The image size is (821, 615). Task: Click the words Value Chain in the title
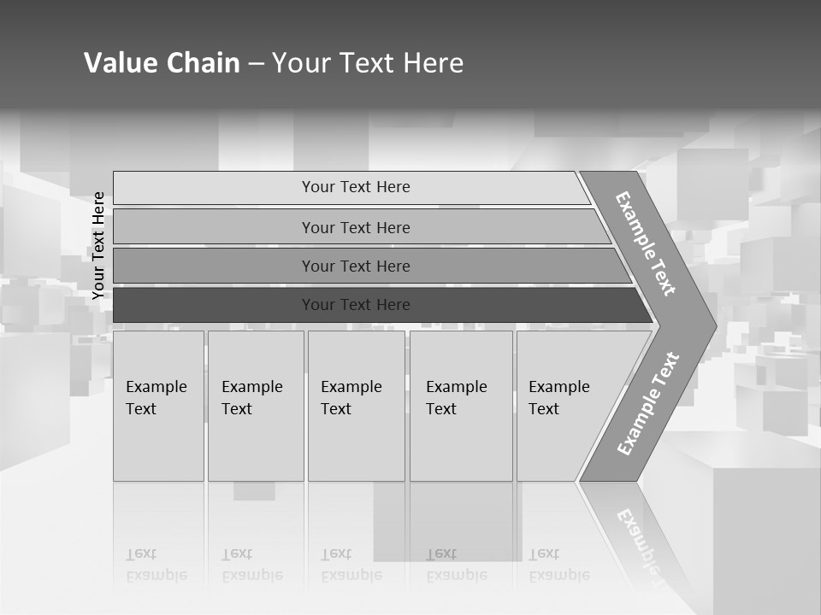(x=162, y=63)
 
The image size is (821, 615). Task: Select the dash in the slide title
(x=256, y=64)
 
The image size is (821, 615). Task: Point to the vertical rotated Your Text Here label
(x=99, y=246)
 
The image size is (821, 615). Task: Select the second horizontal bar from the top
(x=356, y=227)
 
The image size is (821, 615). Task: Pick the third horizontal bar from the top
(x=356, y=266)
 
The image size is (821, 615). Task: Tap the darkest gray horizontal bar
(x=356, y=305)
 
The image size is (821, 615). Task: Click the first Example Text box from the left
(x=158, y=406)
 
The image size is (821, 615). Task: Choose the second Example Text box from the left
(x=256, y=406)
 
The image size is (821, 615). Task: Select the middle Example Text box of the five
(x=356, y=406)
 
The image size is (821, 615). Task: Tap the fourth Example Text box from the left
(x=461, y=406)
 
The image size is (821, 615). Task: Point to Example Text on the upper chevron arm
(x=646, y=243)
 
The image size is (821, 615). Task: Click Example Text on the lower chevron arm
(x=647, y=404)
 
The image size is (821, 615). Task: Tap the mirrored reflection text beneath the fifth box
(x=559, y=565)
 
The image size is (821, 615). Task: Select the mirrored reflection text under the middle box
(x=351, y=565)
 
